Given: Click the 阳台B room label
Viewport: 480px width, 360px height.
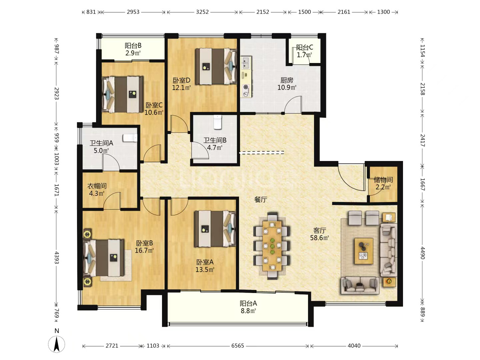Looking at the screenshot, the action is [x=133, y=46].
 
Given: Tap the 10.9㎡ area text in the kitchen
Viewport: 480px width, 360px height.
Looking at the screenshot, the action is [x=287, y=88].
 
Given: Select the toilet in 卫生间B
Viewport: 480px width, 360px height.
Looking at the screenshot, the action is [x=217, y=122].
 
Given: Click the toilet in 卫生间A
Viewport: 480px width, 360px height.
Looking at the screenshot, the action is [x=130, y=138].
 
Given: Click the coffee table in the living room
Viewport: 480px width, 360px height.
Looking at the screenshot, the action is [x=364, y=251].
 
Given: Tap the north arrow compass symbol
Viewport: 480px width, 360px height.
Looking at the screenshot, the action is [x=57, y=344].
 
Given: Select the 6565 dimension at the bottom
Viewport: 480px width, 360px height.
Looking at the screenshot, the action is [x=237, y=346].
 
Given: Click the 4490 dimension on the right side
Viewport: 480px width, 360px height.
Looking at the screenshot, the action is [x=422, y=253].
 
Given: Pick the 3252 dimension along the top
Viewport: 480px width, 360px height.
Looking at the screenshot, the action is [x=202, y=12].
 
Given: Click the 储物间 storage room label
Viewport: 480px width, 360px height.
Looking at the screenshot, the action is [x=383, y=180].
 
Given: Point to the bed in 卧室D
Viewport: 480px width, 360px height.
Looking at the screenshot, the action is [x=216, y=66].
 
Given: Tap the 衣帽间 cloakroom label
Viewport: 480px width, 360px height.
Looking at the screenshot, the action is [x=97, y=186].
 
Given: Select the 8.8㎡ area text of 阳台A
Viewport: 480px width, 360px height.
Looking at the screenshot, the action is [x=248, y=311].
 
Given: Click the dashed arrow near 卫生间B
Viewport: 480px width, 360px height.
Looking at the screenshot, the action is [x=262, y=153].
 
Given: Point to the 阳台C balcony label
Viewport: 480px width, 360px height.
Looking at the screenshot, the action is [x=304, y=47].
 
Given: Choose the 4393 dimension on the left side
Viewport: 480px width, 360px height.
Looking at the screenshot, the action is [x=57, y=257].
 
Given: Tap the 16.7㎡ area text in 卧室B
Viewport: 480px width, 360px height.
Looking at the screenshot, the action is [x=144, y=250].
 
